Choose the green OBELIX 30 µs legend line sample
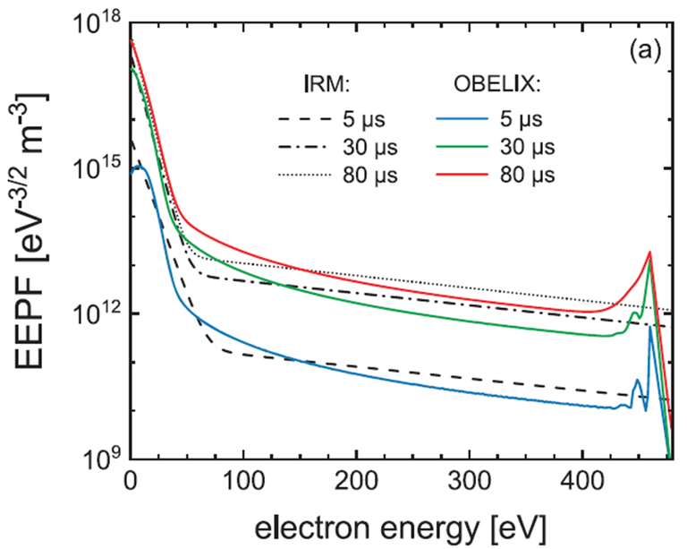coord(476,146)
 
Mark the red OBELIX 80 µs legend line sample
coord(476,174)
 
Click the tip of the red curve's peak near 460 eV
coord(649,253)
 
